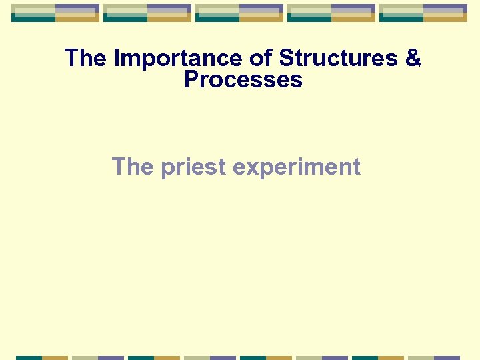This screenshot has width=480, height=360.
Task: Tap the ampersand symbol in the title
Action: click(413, 59)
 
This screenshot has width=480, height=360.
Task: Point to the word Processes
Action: click(243, 80)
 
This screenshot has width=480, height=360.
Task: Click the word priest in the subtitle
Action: click(193, 167)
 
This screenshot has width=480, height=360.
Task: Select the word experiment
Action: click(297, 167)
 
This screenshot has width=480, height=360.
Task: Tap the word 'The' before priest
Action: click(133, 167)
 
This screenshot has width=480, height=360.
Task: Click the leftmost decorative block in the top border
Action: click(55, 13)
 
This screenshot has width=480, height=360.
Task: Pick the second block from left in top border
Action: click(147, 13)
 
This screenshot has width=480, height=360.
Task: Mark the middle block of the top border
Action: click(239, 13)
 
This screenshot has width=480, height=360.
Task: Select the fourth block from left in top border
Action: click(331, 13)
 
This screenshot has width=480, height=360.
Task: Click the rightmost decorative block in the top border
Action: click(423, 13)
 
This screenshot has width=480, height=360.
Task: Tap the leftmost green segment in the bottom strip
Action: click(29, 358)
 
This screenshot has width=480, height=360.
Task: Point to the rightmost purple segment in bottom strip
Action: click(447, 358)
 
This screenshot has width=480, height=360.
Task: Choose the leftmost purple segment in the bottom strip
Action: click(111, 358)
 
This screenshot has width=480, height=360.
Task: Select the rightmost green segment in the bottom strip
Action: click(365, 358)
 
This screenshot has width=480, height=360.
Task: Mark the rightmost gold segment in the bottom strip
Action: click(391, 358)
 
